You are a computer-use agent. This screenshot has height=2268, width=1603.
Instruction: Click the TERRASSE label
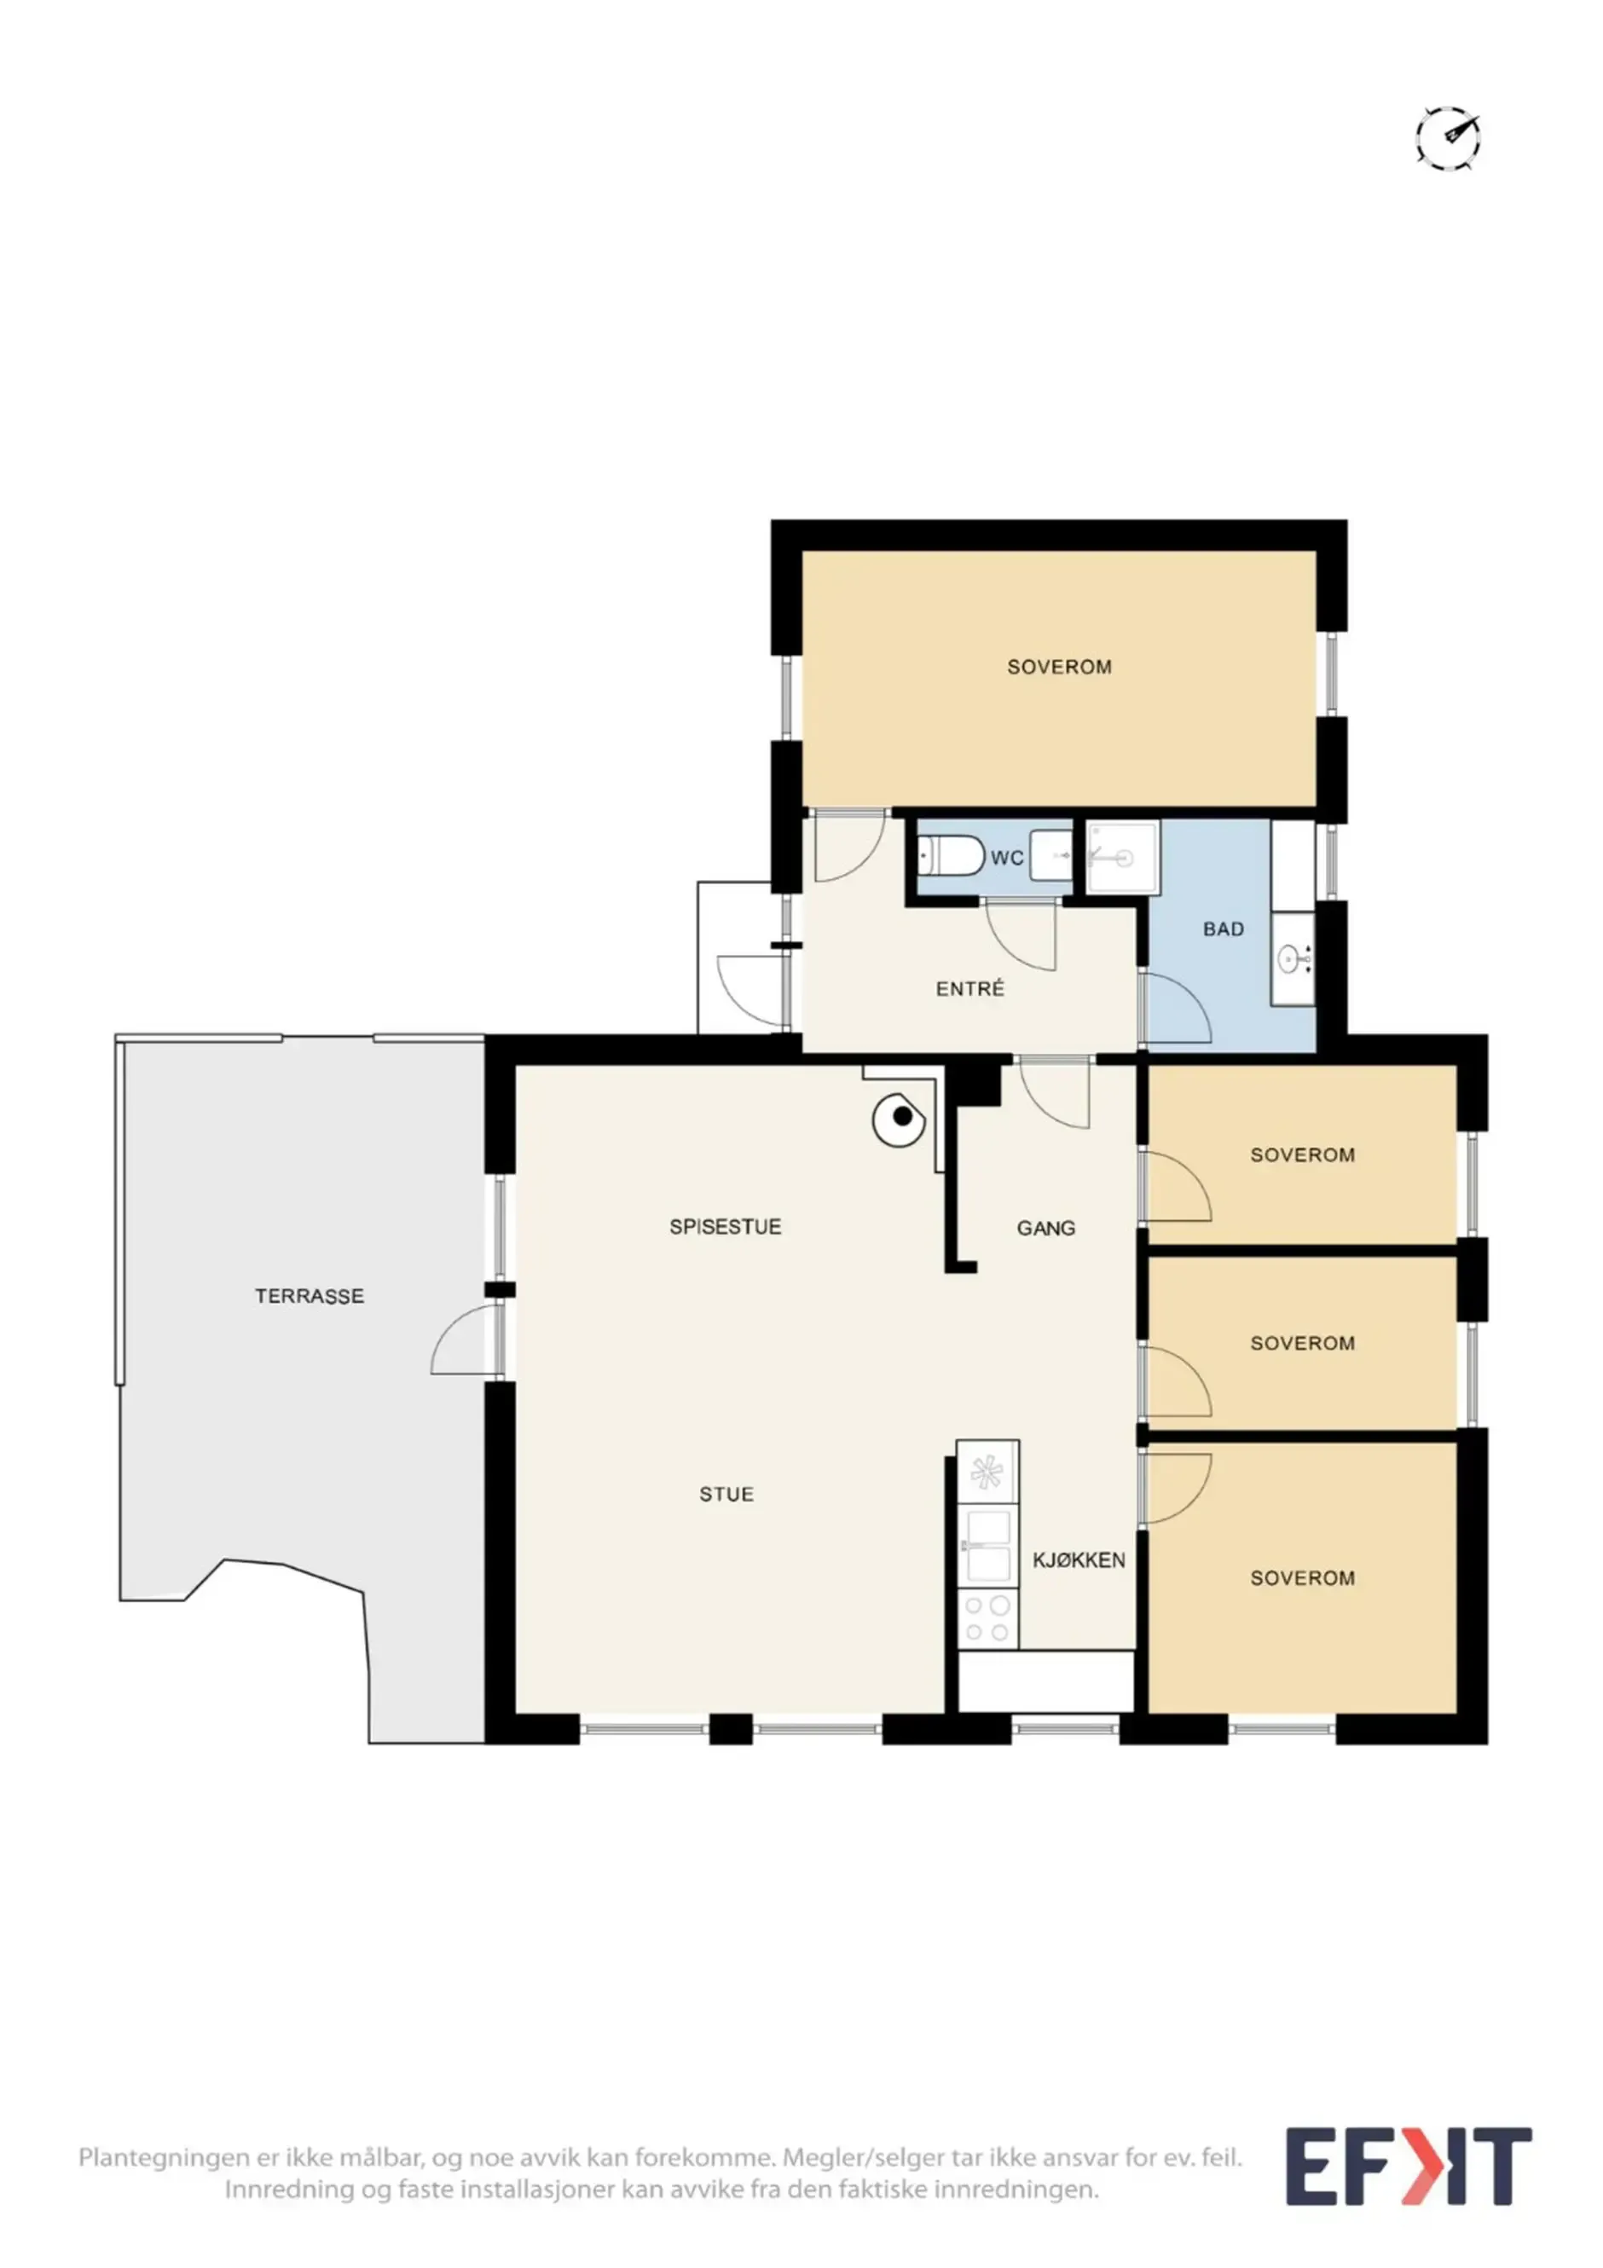tap(310, 1296)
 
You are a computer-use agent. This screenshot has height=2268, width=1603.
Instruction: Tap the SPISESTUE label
tap(725, 1227)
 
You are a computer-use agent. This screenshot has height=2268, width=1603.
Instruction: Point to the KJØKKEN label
tap(1079, 1559)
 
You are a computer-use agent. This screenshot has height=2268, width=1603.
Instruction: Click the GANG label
tap(1046, 1228)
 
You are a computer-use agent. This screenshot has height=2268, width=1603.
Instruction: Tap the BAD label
tap(1223, 929)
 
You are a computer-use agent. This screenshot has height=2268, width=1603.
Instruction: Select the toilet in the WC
tap(950, 855)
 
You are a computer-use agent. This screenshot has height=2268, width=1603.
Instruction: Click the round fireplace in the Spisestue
tap(899, 1120)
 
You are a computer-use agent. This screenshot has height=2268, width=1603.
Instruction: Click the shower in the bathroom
tap(1123, 858)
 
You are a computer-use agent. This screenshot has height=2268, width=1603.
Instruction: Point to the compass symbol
tap(1448, 137)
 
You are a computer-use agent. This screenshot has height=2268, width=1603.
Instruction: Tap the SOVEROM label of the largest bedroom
tap(1059, 668)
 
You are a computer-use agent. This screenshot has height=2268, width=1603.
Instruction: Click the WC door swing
tap(1021, 934)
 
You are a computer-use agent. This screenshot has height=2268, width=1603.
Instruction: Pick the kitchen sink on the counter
tap(987, 1547)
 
